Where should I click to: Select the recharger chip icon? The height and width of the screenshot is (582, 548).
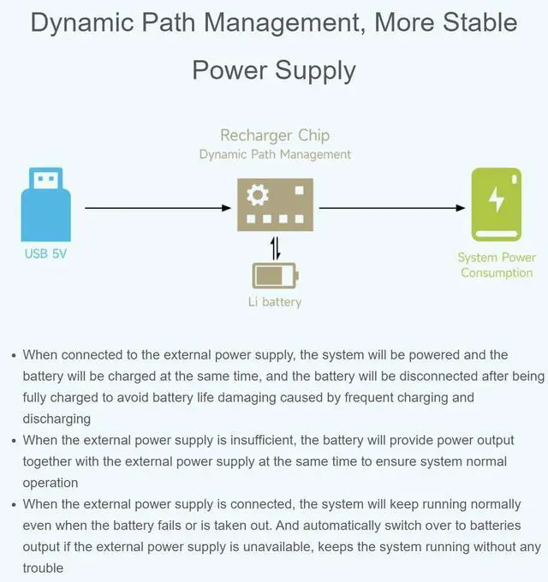pyautogui.click(x=275, y=205)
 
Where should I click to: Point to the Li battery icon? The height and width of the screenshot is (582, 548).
pyautogui.click(x=275, y=276)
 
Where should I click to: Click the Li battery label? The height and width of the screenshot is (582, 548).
pyautogui.click(x=275, y=302)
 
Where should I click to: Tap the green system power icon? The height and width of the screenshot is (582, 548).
pyautogui.click(x=497, y=205)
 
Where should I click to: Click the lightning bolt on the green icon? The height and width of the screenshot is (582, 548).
pyautogui.click(x=497, y=200)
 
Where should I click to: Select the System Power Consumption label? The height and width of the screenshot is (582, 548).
pyautogui.click(x=497, y=265)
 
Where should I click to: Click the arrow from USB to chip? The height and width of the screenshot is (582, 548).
pyautogui.click(x=158, y=208)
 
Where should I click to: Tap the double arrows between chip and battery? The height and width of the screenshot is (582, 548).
pyautogui.click(x=275, y=248)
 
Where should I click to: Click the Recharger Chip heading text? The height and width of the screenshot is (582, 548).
pyautogui.click(x=275, y=135)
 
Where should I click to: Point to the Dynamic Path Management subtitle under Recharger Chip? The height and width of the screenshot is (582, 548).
pyautogui.click(x=275, y=155)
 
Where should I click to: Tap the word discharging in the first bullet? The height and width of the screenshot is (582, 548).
pyautogui.click(x=57, y=419)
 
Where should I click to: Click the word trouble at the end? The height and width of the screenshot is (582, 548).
pyautogui.click(x=43, y=567)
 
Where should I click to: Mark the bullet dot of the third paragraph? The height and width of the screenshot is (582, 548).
pyautogui.click(x=13, y=504)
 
